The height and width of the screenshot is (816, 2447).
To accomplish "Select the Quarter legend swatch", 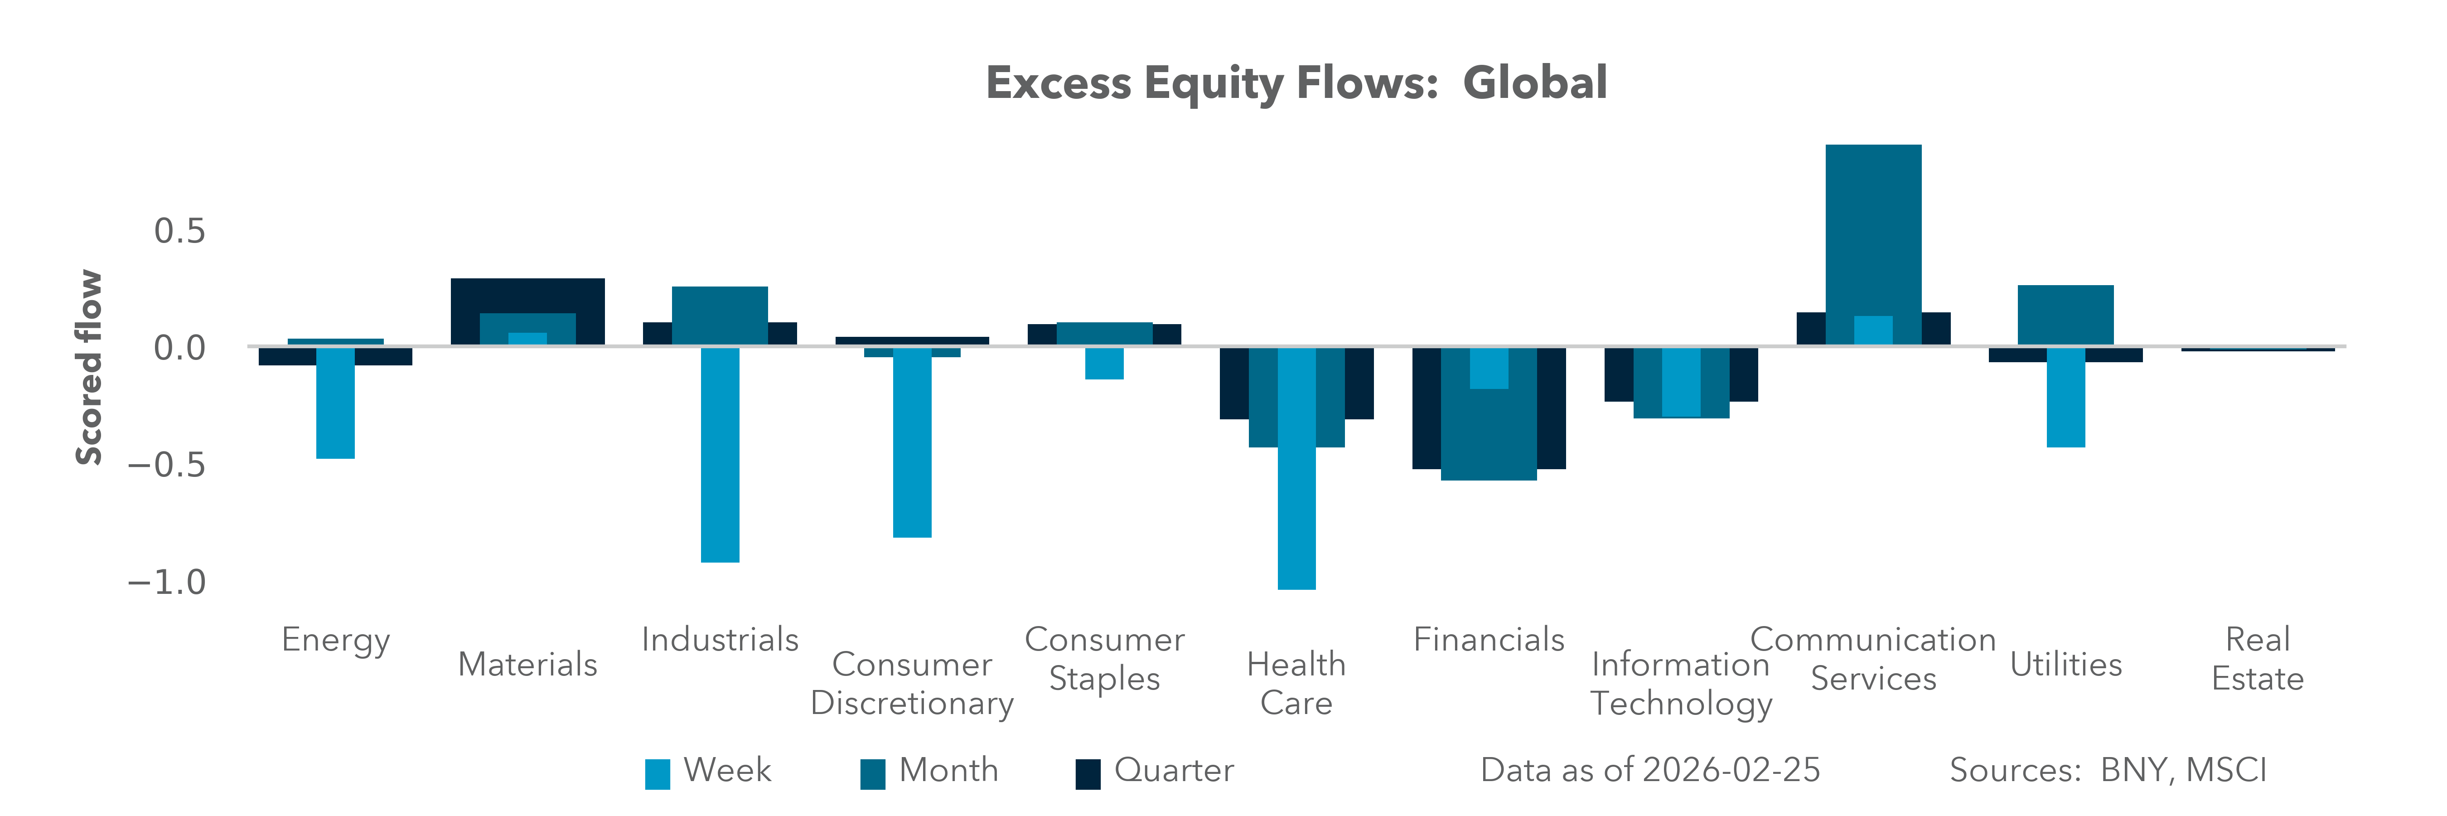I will coord(1088,773).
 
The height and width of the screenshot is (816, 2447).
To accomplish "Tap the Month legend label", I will coord(948,769).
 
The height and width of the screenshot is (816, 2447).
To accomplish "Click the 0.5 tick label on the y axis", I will coord(179,231).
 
